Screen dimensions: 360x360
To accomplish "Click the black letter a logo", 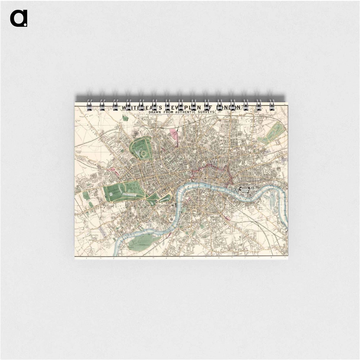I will coord(18,18).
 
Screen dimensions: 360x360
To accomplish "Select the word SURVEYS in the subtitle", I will coord(208,112).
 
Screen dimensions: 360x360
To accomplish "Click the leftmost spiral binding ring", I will coord(89,105).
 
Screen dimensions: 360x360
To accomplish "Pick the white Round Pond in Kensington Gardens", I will coord(111,193).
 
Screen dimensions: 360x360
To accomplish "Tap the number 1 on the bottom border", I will coord(87,258).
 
